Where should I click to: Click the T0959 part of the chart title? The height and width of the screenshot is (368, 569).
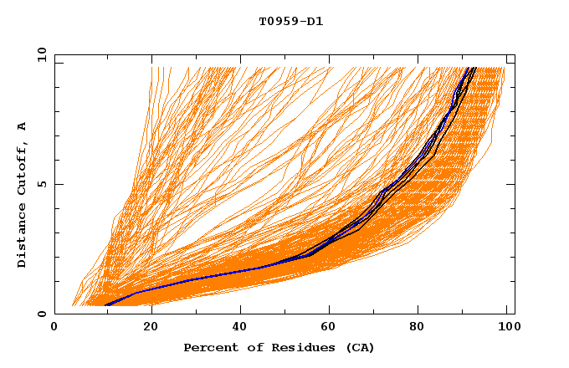274,21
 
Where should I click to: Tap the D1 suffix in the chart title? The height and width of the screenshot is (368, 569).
313,21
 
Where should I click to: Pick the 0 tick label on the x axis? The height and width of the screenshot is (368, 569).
55,328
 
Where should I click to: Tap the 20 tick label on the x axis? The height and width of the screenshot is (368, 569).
151,328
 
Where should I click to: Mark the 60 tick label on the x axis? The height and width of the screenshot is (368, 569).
332,328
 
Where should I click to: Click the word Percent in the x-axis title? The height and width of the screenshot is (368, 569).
209,347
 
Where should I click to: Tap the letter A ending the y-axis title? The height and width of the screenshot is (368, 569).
23,126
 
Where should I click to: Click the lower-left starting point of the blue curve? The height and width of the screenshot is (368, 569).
105,305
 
